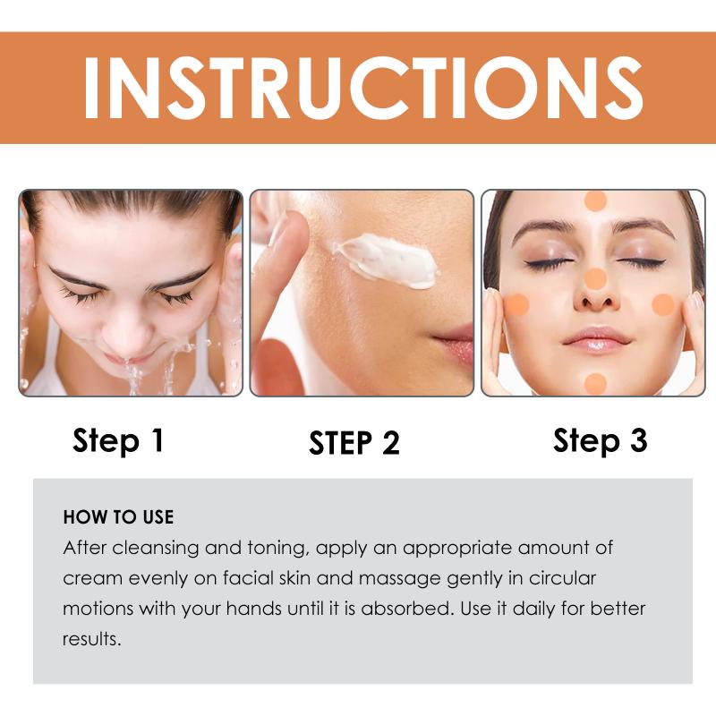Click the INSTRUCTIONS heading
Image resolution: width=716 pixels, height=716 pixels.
click(x=363, y=89)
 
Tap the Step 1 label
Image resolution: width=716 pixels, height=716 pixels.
click(x=118, y=440)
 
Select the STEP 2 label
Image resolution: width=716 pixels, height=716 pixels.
click(x=354, y=442)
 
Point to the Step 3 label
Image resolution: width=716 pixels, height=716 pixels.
click(x=600, y=440)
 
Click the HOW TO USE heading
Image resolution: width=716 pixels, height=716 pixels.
click(x=119, y=517)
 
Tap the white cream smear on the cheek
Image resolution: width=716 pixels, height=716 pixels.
click(x=387, y=260)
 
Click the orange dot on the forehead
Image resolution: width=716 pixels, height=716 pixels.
click(x=595, y=200)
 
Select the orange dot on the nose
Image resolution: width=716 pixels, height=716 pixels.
click(x=595, y=279)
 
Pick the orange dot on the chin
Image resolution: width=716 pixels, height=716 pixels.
click(x=595, y=384)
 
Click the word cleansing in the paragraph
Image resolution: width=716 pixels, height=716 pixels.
click(x=156, y=549)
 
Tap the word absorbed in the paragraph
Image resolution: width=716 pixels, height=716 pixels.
click(x=407, y=609)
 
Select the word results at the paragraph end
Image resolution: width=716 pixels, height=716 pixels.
click(x=92, y=639)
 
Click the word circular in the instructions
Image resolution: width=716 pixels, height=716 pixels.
click(x=562, y=578)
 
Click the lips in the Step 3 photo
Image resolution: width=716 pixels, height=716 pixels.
click(x=596, y=340)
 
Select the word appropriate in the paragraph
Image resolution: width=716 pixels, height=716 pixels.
click(x=457, y=549)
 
